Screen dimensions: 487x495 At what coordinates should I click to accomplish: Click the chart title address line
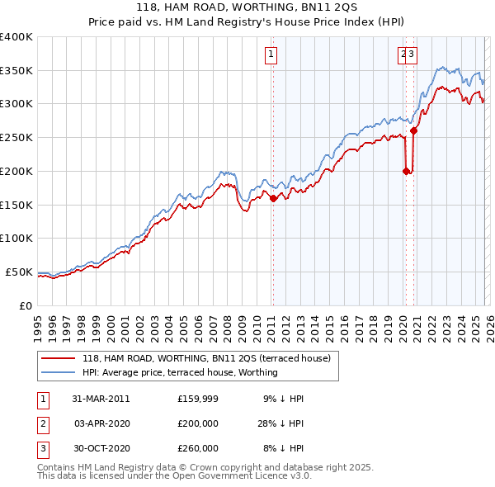pos(247,7)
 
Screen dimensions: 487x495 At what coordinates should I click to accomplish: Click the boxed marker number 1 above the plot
pos(271,55)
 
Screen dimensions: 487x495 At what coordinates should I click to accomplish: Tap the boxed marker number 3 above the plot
pos(411,55)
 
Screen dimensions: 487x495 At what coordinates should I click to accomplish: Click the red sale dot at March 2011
pos(273,198)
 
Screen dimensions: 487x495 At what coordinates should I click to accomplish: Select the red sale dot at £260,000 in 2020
pos(414,130)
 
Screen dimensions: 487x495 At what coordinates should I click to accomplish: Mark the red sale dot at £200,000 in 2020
pos(406,171)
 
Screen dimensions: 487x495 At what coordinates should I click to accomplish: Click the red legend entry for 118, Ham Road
pos(206,358)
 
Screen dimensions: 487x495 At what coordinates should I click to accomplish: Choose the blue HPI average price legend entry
pos(180,372)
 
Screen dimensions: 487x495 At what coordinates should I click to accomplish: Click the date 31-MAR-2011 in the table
pos(101,399)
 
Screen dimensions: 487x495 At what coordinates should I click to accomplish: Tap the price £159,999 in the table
pos(198,399)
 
